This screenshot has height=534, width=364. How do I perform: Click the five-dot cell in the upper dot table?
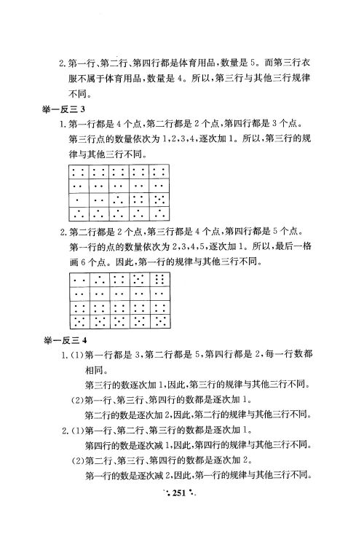pos(160,198)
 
